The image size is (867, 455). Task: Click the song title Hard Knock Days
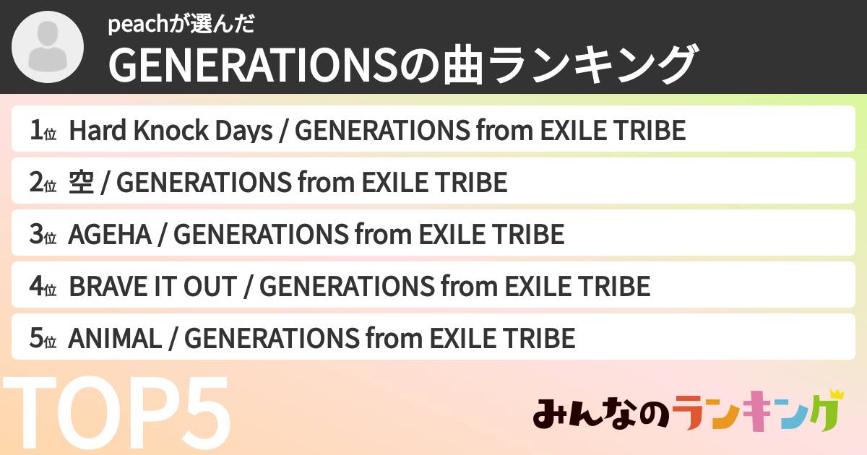coord(171,131)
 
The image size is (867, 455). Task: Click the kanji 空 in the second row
coord(81,183)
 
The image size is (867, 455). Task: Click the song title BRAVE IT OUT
coord(152,287)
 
